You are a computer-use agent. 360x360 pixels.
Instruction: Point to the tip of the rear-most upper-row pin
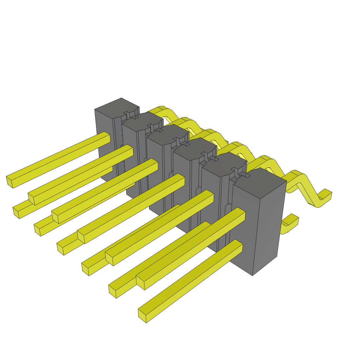(x=9, y=181)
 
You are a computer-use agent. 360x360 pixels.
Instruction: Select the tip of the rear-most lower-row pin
(x=16, y=212)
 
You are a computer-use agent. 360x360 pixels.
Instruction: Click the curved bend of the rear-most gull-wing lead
(x=165, y=112)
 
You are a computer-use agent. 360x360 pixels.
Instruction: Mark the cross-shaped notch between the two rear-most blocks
(x=130, y=115)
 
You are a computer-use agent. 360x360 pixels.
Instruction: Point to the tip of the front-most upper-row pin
(x=140, y=282)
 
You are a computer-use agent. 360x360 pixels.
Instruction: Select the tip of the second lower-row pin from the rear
(x=37, y=230)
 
